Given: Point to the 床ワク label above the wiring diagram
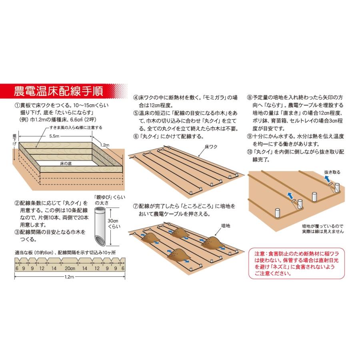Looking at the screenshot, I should tap(210, 147).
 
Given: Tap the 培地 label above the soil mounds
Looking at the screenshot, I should tap(226, 226).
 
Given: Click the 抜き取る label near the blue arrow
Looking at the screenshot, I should tap(332, 172).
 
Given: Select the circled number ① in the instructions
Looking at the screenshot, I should tap(17, 106).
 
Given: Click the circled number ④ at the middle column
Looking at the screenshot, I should tap(136, 97).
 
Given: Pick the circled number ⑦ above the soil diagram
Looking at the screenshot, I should tap(136, 206).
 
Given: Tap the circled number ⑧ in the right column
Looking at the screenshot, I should tap(250, 97).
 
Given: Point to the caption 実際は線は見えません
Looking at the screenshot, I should tap(323, 232).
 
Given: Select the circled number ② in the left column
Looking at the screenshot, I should tap(17, 203).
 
